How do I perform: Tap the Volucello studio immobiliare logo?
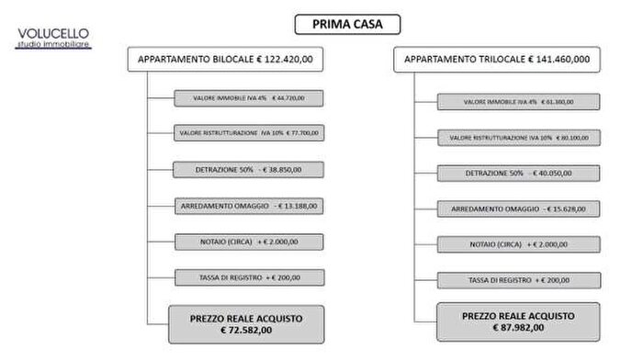click(53, 38)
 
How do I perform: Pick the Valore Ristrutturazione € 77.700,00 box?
click(248, 132)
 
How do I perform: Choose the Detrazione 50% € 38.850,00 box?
click(248, 169)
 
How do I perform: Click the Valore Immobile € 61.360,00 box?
click(518, 101)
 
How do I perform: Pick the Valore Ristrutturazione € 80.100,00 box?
click(518, 137)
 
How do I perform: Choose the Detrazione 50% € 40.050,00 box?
click(518, 173)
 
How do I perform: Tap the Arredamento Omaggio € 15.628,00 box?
click(518, 208)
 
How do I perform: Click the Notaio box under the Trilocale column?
click(518, 243)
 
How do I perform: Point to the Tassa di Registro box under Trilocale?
click(518, 279)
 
